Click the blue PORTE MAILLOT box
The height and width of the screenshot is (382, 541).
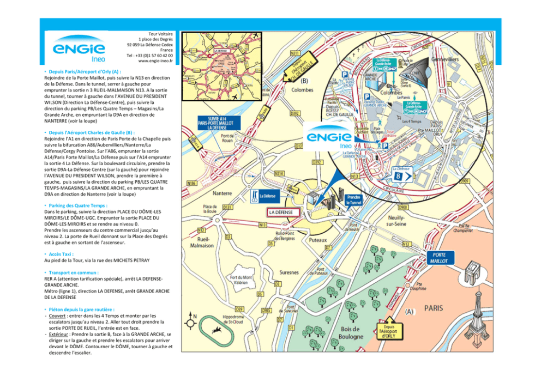tap(440, 258)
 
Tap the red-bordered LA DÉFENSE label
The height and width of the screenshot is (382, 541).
tap(281, 212)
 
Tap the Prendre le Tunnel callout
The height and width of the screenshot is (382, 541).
tap(354, 199)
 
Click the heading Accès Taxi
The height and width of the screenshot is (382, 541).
tap(58, 254)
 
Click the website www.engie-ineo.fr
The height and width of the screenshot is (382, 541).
tap(155, 61)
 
